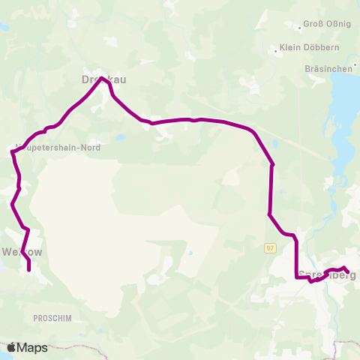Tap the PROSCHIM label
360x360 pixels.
coord(52,318)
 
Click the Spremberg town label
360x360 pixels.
coord(325,274)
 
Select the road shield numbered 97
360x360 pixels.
coord(271,247)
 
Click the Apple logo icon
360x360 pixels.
coord(11,347)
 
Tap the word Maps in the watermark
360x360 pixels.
coord(33,347)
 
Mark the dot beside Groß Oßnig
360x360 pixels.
coord(300,27)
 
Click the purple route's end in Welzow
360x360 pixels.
coord(28,269)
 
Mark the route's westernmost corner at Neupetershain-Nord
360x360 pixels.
coord(11,152)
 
